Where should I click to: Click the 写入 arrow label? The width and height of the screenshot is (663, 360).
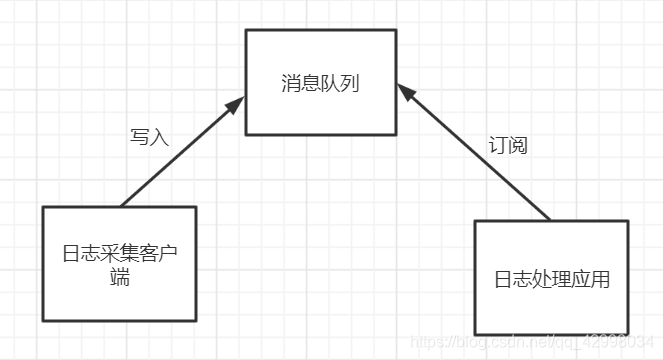click(x=150, y=137)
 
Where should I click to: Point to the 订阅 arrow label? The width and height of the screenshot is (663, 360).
click(x=507, y=144)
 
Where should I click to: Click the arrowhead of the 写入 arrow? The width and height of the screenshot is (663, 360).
click(x=238, y=103)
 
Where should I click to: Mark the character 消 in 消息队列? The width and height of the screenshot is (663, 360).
click(x=290, y=83)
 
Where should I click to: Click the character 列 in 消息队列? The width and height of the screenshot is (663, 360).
click(x=349, y=83)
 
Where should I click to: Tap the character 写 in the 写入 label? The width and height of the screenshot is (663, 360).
click(x=140, y=137)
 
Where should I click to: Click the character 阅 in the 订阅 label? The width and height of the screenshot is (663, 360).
click(x=517, y=144)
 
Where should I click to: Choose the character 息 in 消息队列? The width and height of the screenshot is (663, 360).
click(x=310, y=83)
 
